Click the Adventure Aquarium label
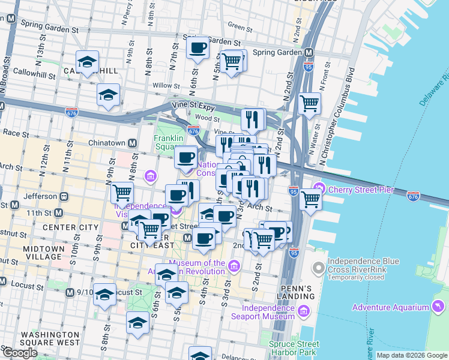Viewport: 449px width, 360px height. point(390,307)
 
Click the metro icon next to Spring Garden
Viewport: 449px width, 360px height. point(309,52)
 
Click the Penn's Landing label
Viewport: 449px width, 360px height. point(297,292)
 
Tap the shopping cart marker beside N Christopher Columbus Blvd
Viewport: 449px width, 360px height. point(309,103)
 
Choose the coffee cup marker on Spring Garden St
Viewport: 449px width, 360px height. point(197,48)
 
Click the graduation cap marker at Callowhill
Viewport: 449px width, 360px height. point(87,62)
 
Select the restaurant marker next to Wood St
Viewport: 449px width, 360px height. point(253,119)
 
